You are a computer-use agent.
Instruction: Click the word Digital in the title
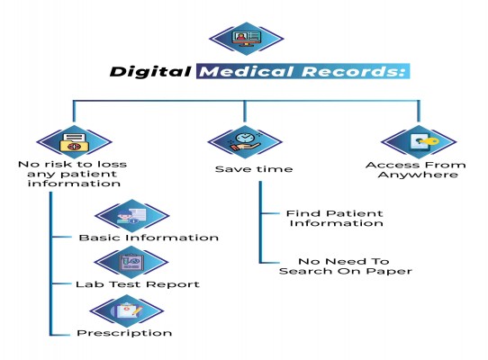tap(150, 72)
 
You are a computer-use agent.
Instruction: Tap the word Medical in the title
tap(247, 71)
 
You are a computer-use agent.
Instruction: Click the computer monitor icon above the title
tap(246, 39)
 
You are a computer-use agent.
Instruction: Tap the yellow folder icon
tap(74, 142)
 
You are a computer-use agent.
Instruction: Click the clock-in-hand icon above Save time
tap(245, 141)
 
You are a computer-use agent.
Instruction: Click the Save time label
tap(254, 169)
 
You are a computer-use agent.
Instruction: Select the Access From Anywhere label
tap(416, 169)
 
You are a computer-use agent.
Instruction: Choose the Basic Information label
tap(149, 238)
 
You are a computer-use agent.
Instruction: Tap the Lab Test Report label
tap(138, 284)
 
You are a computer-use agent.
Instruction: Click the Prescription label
tap(124, 333)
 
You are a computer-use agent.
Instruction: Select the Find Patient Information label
tap(335, 218)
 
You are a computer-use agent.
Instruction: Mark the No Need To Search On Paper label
tap(346, 266)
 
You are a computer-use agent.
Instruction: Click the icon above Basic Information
tap(131, 215)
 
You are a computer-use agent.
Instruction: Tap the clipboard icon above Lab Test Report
tap(131, 262)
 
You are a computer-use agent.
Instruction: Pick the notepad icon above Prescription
tap(128, 310)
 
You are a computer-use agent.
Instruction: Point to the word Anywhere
tap(418, 175)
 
